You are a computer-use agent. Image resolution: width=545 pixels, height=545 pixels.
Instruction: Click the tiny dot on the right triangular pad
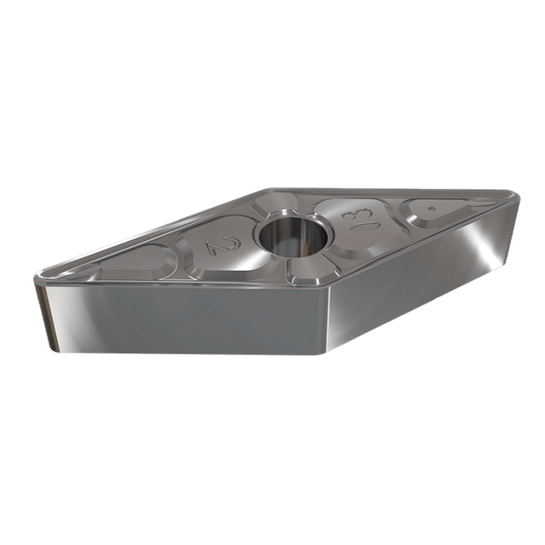[432, 209]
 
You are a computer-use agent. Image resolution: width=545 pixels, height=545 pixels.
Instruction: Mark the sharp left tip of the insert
[36, 277]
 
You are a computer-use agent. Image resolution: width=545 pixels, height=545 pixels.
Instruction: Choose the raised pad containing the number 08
[358, 222]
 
